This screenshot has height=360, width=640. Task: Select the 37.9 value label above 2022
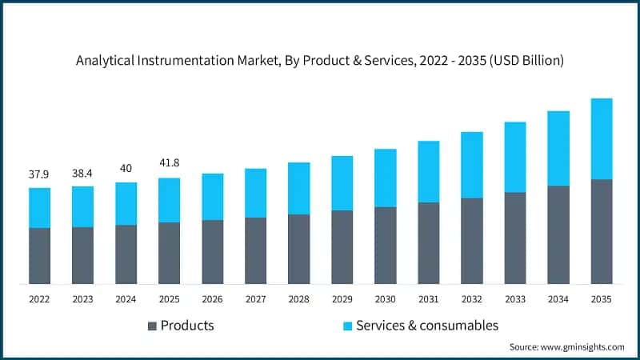(39, 174)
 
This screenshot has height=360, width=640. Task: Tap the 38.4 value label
(82, 173)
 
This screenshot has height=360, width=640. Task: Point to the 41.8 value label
(169, 163)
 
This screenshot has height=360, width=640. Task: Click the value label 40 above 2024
(126, 168)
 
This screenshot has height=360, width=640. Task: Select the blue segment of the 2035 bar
(601, 139)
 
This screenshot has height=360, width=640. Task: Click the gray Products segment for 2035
(601, 231)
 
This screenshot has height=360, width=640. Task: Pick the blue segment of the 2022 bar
(39, 208)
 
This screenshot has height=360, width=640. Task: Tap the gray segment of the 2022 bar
(39, 255)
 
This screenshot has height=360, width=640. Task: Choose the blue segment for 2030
(385, 178)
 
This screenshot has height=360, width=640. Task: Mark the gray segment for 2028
(298, 249)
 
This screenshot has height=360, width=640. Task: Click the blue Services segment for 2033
(514, 157)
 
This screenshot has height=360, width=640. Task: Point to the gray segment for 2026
(212, 251)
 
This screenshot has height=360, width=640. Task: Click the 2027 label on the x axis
(255, 299)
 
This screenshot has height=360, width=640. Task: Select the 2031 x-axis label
(428, 299)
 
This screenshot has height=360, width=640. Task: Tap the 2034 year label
(558, 299)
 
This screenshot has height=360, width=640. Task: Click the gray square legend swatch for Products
(152, 326)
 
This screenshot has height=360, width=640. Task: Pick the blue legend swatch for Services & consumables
(347, 326)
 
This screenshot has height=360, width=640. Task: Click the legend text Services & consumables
(427, 326)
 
